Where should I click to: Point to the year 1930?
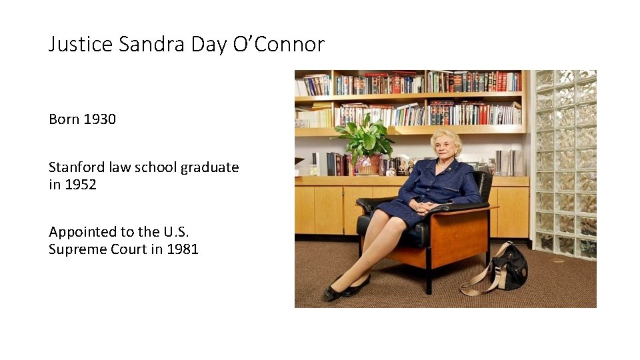[x=99, y=119]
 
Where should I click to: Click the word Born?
[x=64, y=119]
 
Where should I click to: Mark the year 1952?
[x=81, y=185]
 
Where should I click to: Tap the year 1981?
[x=183, y=250]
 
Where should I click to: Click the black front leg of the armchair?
[x=428, y=277]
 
